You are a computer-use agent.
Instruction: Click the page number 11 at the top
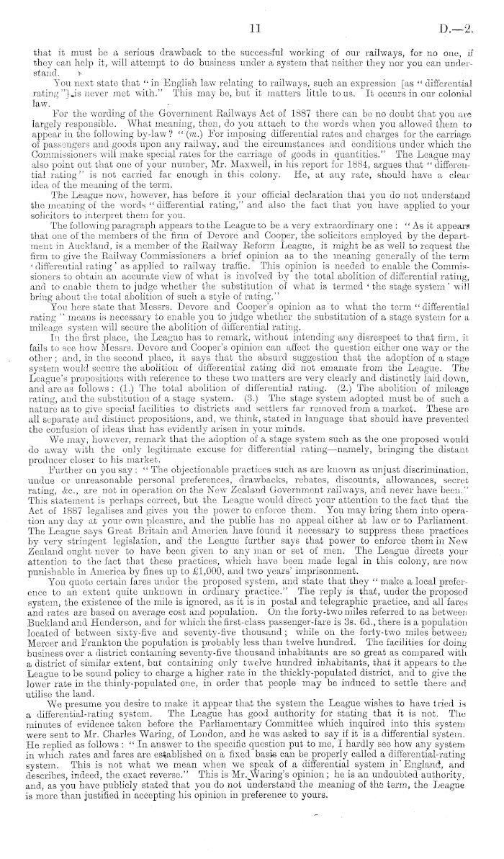253,29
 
